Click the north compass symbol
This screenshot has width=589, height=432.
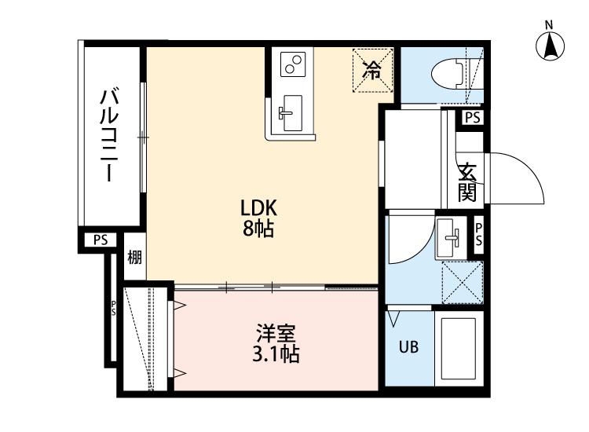tap(551, 45)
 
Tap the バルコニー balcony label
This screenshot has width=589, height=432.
tap(109, 134)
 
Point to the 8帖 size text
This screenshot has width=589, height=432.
tap(258, 230)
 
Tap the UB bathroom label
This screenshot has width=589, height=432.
tap(409, 346)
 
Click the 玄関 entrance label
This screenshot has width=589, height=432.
tap(468, 181)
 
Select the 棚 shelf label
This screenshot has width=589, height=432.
tap(134, 257)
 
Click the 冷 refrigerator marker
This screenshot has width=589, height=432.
tap(371, 69)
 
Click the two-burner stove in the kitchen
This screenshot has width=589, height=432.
tap(292, 64)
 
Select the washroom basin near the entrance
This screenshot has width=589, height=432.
tap(450, 235)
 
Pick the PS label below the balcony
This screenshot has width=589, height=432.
tap(100, 240)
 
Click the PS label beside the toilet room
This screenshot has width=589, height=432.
tap(471, 117)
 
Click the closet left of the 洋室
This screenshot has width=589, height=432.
tap(147, 339)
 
